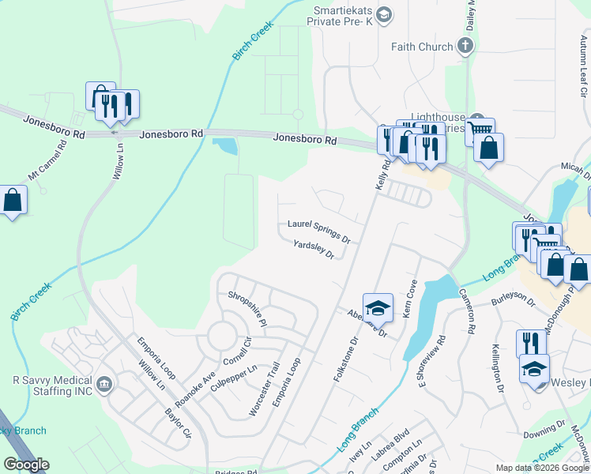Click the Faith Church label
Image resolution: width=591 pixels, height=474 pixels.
click(422, 47)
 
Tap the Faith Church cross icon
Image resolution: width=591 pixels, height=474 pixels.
click(465, 47)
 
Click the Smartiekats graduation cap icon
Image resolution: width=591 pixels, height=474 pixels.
click(384, 13)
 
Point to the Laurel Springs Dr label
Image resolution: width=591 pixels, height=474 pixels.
click(318, 230)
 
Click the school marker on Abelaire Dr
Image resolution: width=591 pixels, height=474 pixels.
click(378, 307)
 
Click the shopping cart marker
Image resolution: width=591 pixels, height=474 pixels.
click(480, 130)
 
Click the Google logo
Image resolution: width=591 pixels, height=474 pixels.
click(27, 464)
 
